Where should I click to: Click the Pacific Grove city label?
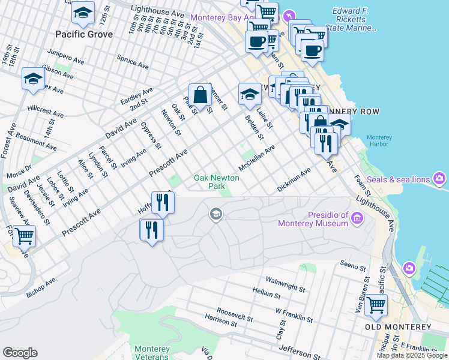tap(83, 34)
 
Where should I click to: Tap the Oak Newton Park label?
tap(216, 182)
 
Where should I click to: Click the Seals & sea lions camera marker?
tap(440, 179)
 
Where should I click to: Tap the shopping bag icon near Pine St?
tap(200, 95)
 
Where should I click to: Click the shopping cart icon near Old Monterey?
tap(376, 304)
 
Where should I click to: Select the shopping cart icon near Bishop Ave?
tap(25, 236)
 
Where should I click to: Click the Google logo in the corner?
tap(20, 353)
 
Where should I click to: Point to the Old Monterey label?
tap(398, 327)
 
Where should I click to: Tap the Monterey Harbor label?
tap(379, 141)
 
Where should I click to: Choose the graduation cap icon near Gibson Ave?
tap(33, 79)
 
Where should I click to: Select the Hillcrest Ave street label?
tap(46, 112)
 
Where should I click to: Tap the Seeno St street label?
tap(353, 266)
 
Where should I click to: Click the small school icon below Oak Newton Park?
tap(215, 214)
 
